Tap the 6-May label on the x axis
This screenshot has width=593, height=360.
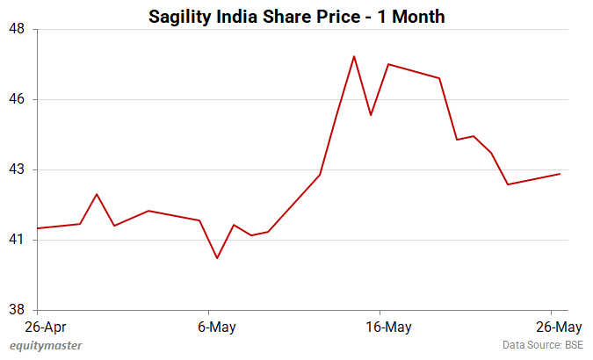(x=208, y=327)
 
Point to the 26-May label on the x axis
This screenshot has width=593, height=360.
(x=551, y=327)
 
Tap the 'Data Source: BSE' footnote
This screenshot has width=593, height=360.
(x=543, y=346)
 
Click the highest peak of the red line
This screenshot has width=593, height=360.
(x=354, y=56)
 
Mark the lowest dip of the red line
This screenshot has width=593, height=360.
(x=217, y=258)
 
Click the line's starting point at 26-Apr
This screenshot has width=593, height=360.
(x=37, y=228)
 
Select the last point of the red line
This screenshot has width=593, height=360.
(x=560, y=174)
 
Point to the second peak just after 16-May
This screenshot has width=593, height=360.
(x=388, y=64)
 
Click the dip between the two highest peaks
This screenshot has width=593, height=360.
(x=371, y=115)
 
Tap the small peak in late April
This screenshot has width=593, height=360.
(x=97, y=194)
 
